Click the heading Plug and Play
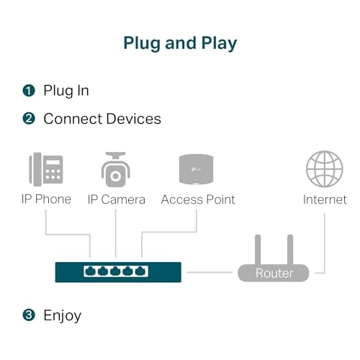tap(180, 42)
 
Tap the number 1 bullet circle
tap(29, 91)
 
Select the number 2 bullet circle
tap(29, 118)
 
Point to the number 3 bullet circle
tap(29, 315)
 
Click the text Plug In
tap(66, 91)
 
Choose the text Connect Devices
tap(102, 118)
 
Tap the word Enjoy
tap(63, 315)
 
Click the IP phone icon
tap(45, 169)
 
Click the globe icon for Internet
tap(324, 169)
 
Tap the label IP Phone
tap(45, 199)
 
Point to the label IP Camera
tap(116, 199)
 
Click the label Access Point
tap(198, 199)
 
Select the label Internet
tap(325, 199)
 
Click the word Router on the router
tap(274, 274)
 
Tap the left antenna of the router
tap(259, 249)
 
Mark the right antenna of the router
tap(289, 249)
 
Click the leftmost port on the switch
tap(90, 271)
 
